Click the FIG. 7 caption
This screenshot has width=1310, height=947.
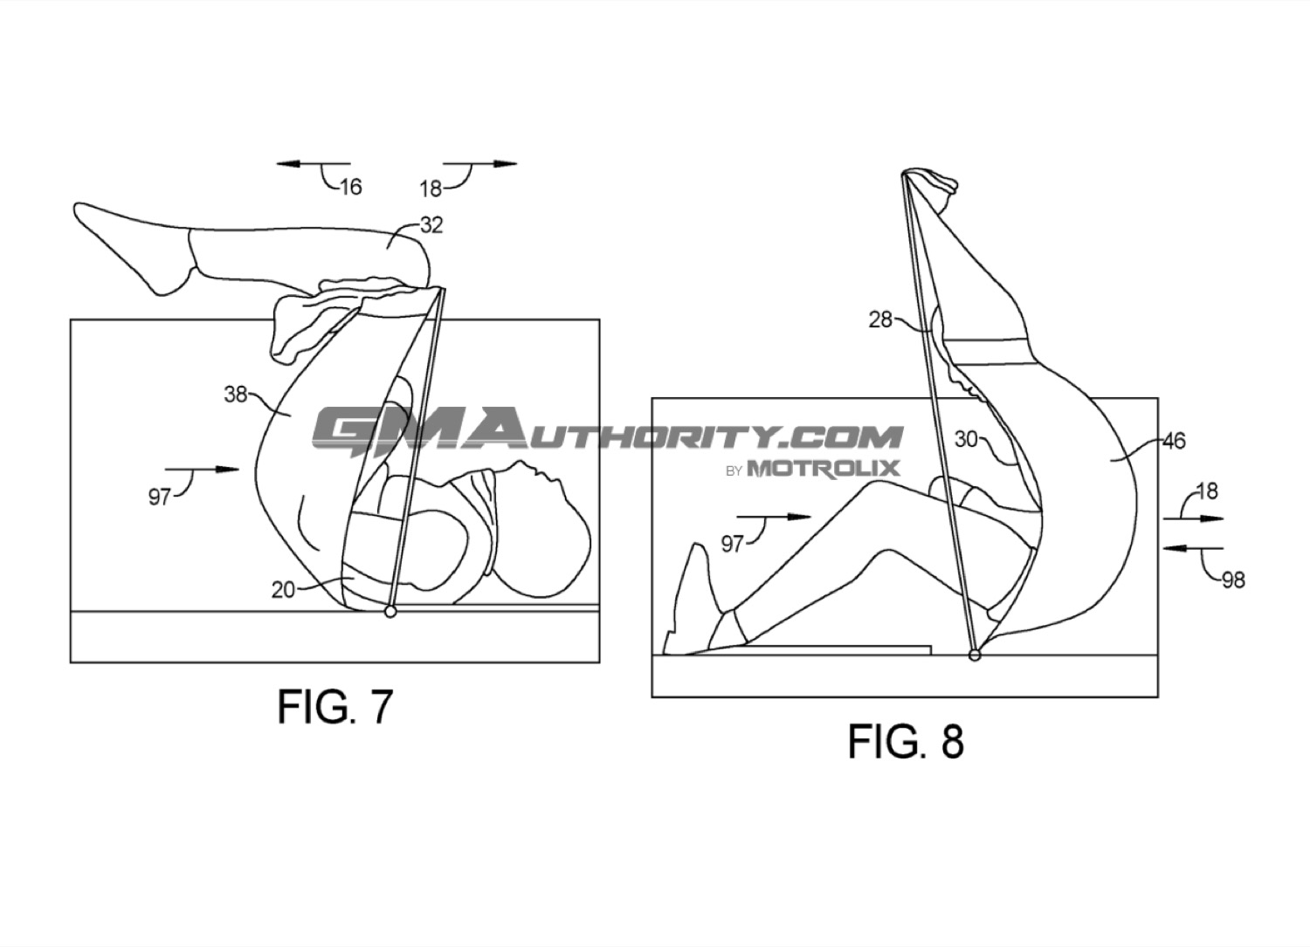(x=334, y=707)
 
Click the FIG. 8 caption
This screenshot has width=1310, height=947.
(x=906, y=742)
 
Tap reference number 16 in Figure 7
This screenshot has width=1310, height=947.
(x=350, y=187)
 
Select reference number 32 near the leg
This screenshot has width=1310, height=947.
(x=431, y=225)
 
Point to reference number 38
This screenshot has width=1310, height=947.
(x=236, y=395)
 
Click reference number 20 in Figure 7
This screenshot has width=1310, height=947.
(x=283, y=590)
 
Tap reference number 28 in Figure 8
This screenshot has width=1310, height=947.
(x=880, y=319)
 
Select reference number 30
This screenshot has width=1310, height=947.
(x=966, y=439)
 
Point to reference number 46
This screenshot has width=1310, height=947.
(x=1173, y=442)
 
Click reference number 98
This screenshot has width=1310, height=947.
(x=1233, y=580)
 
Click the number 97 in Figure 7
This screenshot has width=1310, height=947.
(x=159, y=498)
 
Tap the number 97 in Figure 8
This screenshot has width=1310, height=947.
(x=732, y=545)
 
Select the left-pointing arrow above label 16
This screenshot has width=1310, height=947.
(x=314, y=164)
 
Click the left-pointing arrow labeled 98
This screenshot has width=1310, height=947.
(x=1193, y=548)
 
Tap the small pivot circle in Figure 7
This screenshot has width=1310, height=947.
(x=390, y=612)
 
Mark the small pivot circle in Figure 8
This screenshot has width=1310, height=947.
(x=975, y=655)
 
